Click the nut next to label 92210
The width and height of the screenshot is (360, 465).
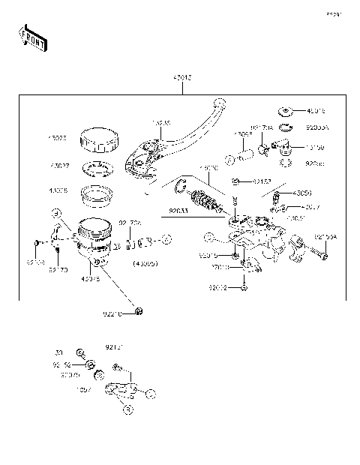[x=138, y=311]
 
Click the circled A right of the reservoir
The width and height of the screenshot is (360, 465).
[x=166, y=239]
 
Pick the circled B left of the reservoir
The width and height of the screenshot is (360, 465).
[x=56, y=214]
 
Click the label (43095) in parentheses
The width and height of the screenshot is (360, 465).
[x=145, y=264]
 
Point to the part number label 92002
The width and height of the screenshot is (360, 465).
[x=217, y=287]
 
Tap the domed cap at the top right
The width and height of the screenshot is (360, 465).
[x=285, y=112]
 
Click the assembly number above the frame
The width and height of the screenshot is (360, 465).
[x=181, y=77]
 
